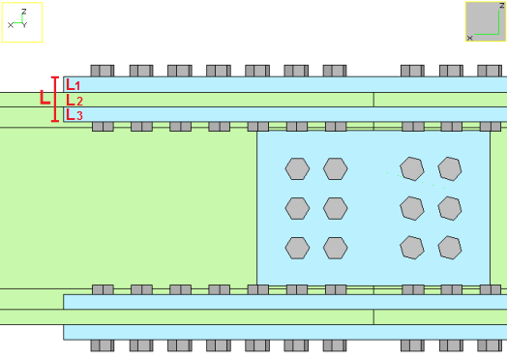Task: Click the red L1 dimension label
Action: pyautogui.click(x=74, y=85)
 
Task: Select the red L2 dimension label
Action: pyautogui.click(x=75, y=101)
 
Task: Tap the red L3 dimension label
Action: pyautogui.click(x=75, y=115)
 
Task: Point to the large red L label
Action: pyautogui.click(x=45, y=98)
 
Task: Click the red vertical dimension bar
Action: pyautogui.click(x=55, y=100)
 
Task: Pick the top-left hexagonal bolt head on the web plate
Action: pyautogui.click(x=297, y=168)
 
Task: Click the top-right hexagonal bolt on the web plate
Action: pyautogui.click(x=450, y=168)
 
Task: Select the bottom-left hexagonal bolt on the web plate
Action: pyautogui.click(x=297, y=248)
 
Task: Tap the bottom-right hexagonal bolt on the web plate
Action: pyautogui.click(x=450, y=248)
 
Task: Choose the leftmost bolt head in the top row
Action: pyautogui.click(x=103, y=71)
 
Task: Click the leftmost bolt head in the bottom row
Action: pyautogui.click(x=103, y=345)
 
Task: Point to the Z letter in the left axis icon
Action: pyautogui.click(x=23, y=12)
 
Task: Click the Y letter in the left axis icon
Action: pyautogui.click(x=25, y=25)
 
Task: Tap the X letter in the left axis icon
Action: pyautogui.click(x=11, y=25)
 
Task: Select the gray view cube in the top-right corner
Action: pyautogui.click(x=486, y=21)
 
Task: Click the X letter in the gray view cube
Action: pyautogui.click(x=470, y=38)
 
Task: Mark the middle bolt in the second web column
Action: pyautogui.click(x=336, y=209)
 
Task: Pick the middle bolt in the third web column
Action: pyautogui.click(x=412, y=209)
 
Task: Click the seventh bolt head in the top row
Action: pyautogui.click(x=335, y=71)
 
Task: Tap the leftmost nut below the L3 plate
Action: pyautogui.click(x=103, y=127)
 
